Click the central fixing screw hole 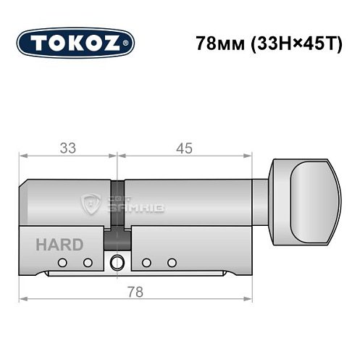[117, 263]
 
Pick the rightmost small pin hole [172, 262]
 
